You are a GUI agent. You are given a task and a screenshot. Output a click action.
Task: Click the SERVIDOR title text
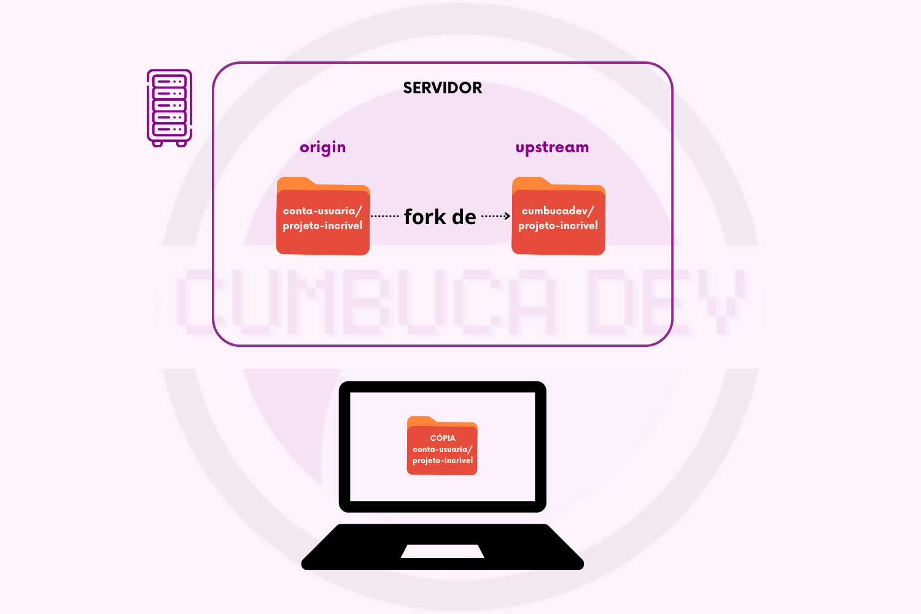[442, 88]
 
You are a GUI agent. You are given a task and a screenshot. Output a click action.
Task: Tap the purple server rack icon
[169, 107]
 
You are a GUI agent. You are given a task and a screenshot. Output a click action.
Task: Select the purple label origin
[322, 147]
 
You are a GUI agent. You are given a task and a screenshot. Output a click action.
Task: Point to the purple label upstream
[552, 147]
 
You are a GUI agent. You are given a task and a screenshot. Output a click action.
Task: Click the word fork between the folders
[425, 217]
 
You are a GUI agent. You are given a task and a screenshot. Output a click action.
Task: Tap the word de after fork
[464, 217]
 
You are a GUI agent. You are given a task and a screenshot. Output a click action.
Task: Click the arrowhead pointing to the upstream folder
[507, 216]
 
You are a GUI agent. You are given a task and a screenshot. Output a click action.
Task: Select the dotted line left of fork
[385, 216]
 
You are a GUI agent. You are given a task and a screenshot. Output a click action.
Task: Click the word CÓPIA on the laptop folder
[443, 438]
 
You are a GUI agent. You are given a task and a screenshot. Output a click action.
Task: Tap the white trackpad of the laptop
[443, 551]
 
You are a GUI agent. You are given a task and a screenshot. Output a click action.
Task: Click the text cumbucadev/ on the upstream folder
[558, 211]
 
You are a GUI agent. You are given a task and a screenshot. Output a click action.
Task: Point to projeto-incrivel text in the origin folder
[322, 225]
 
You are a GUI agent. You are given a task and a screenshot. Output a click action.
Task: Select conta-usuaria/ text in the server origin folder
[322, 211]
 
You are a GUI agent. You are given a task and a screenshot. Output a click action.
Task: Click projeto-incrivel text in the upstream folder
[558, 225]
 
